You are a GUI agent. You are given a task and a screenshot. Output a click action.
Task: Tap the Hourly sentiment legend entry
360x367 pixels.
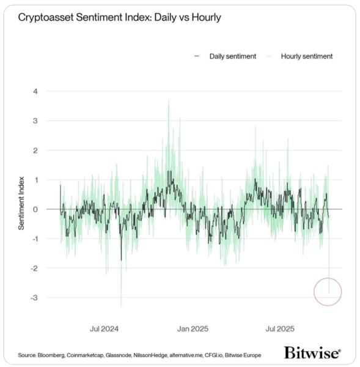click(306, 56)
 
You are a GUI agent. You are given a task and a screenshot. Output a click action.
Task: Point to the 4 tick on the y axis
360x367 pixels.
click(35, 91)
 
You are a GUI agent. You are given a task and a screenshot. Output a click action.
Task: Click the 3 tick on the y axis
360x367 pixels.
click(35, 120)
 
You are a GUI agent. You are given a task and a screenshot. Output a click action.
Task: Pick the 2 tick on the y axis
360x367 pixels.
click(35, 150)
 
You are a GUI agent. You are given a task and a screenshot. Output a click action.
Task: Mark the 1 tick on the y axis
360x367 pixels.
click(35, 180)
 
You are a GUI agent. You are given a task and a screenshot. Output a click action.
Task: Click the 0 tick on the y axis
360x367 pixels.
click(35, 209)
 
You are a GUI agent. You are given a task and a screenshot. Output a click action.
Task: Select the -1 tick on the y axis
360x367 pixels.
click(34, 239)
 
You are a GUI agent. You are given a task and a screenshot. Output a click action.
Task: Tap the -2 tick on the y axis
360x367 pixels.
click(34, 268)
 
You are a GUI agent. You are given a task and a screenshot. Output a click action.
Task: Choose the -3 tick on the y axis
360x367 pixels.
click(34, 298)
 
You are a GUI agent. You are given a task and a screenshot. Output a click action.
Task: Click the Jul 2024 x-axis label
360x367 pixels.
click(104, 328)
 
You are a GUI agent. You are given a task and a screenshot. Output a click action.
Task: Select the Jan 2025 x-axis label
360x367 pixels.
click(194, 328)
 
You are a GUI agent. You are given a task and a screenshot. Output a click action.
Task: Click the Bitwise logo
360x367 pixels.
click(312, 353)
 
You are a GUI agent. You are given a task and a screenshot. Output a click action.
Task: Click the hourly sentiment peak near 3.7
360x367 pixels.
click(168, 101)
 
